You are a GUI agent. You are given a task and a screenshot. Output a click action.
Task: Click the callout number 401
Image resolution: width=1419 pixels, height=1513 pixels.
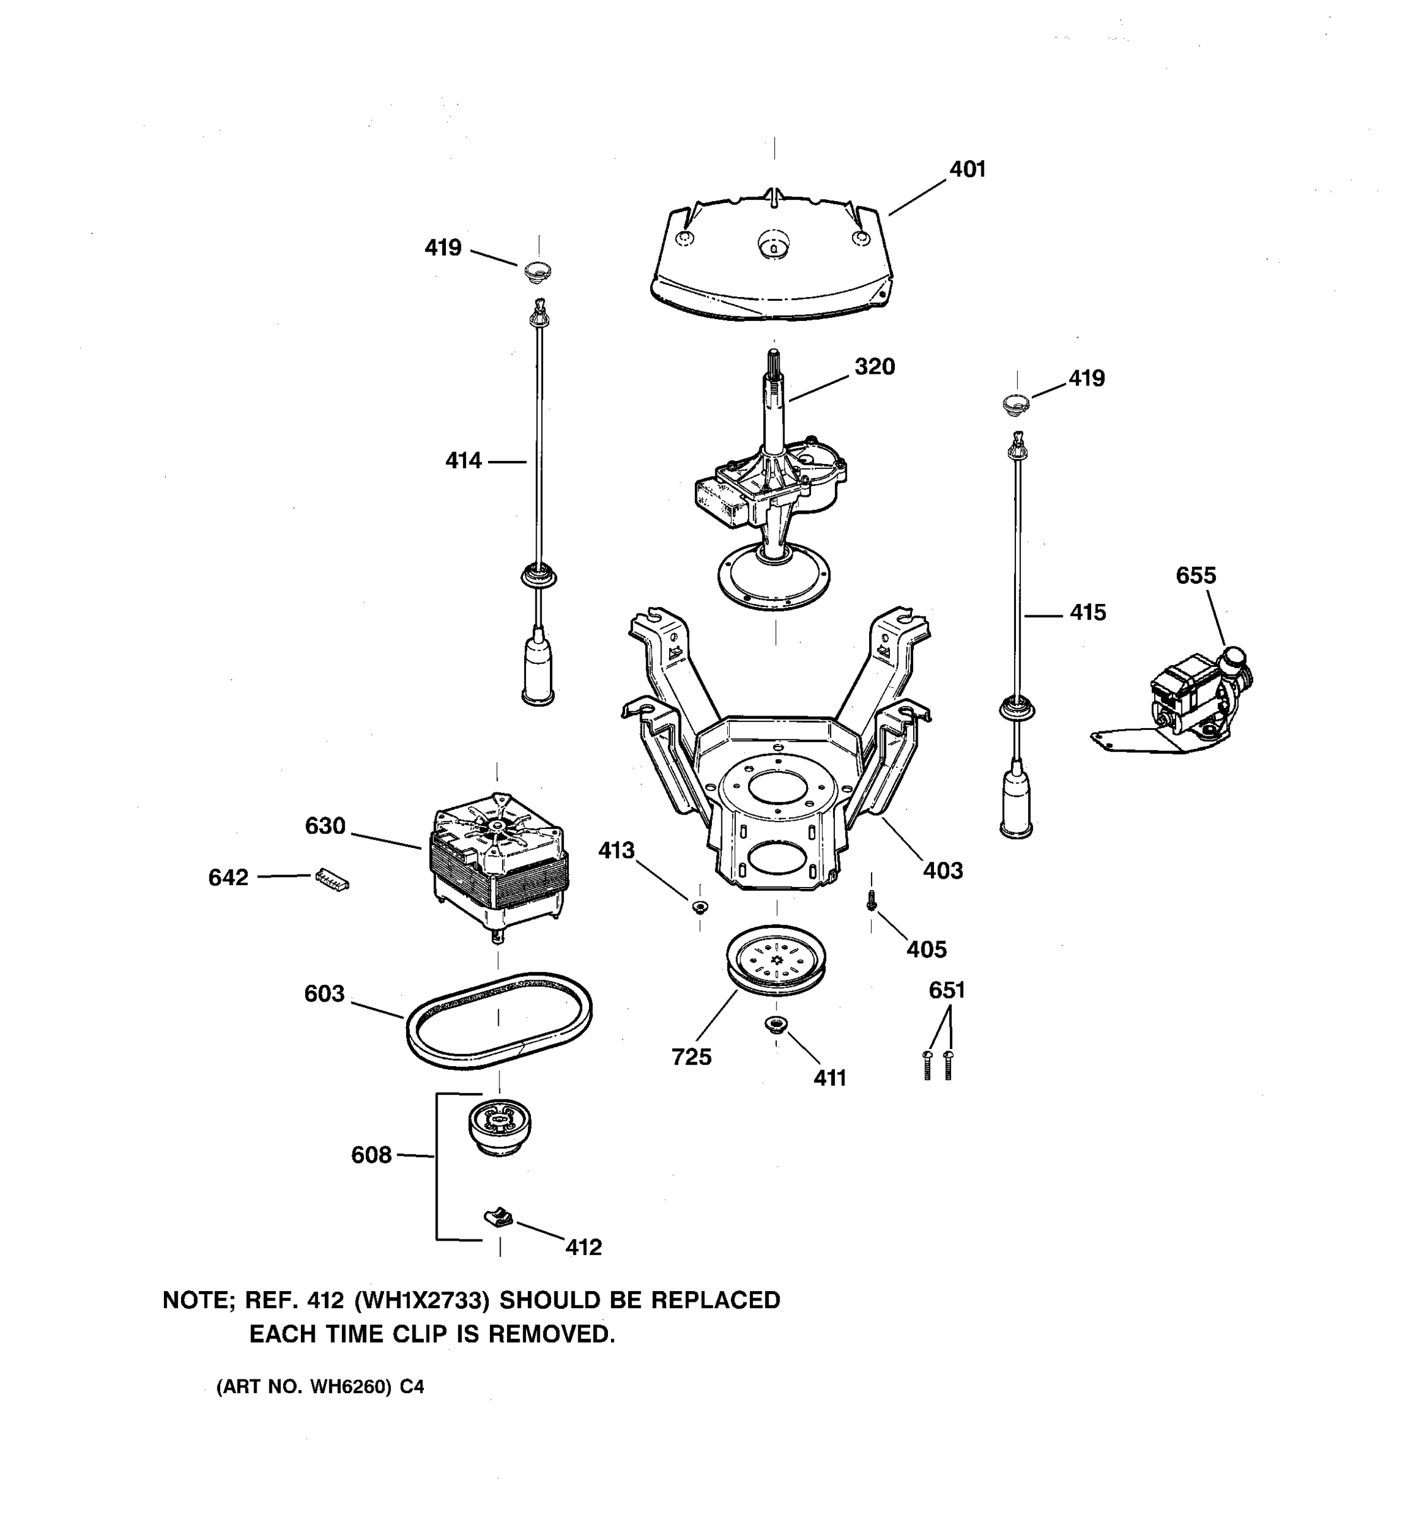(x=967, y=169)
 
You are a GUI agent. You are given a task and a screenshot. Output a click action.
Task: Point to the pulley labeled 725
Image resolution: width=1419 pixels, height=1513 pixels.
(x=776, y=959)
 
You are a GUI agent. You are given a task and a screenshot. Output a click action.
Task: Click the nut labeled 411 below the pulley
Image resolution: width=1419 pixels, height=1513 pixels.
(x=775, y=1025)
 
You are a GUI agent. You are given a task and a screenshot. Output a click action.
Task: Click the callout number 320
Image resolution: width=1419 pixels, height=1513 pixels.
(x=874, y=367)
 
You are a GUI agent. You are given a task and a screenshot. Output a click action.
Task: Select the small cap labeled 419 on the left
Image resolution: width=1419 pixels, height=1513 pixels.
(x=538, y=270)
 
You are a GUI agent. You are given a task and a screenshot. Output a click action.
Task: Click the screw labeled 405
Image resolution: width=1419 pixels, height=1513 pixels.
(x=872, y=903)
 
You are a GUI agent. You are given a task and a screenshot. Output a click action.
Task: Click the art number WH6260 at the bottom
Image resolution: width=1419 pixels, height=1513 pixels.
(x=349, y=1388)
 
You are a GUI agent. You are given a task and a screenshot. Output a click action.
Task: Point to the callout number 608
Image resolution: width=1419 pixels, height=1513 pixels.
(x=371, y=1156)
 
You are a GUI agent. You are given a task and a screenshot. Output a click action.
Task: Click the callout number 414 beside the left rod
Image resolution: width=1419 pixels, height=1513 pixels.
(x=463, y=460)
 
